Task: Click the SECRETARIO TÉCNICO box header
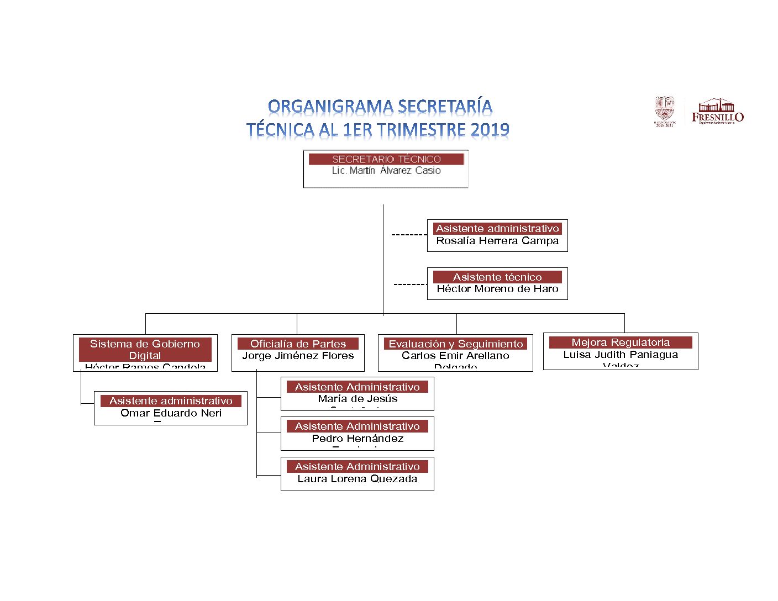pos(386,159)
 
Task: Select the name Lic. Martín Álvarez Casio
pos(386,171)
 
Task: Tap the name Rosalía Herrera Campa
pos(497,241)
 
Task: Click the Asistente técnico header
pos(497,277)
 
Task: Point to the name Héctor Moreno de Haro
pos(497,289)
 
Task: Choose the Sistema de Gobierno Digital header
pos(145,350)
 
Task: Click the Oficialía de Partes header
pos(298,344)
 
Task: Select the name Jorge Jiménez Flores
pos(298,356)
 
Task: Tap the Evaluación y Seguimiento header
pos(455,344)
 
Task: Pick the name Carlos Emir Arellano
pos(455,356)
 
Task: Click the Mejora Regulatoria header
pos(621,342)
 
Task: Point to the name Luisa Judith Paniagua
pos(621,355)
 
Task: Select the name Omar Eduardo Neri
pos(171,413)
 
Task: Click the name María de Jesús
pos(358,399)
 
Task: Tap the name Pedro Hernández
pos(358,439)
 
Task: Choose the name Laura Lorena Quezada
pos(358,479)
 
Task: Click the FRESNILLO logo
pos(717,112)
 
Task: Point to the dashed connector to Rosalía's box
pos(409,235)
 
